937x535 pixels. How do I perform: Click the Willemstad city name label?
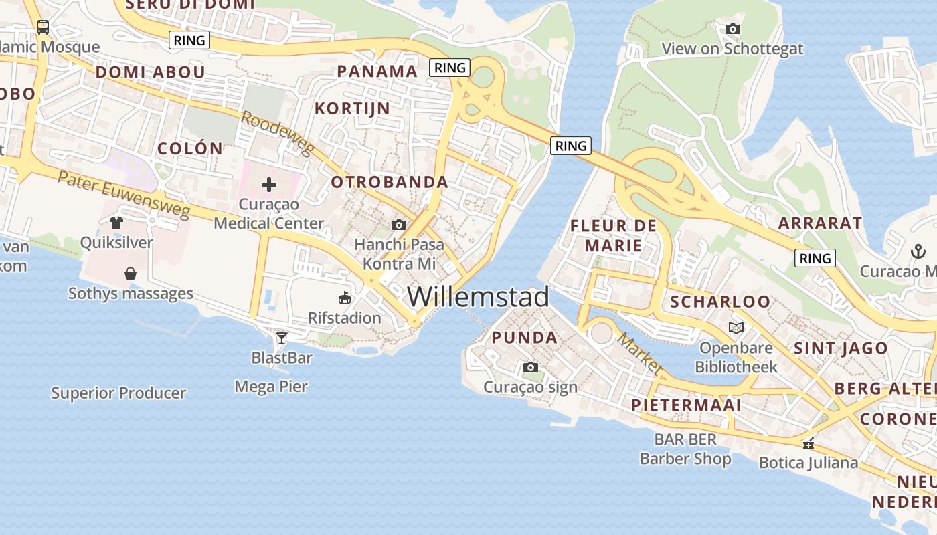(x=478, y=297)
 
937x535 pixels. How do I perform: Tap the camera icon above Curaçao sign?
(x=531, y=367)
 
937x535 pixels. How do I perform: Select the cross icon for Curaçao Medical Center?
(x=269, y=184)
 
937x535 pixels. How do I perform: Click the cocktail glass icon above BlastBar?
(x=282, y=338)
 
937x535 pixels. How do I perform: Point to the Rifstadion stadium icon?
(x=345, y=298)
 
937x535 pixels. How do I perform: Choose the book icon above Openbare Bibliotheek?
(x=736, y=328)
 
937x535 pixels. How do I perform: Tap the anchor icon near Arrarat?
(x=917, y=251)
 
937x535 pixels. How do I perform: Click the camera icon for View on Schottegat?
(x=733, y=29)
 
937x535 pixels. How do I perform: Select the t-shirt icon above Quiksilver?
(x=116, y=222)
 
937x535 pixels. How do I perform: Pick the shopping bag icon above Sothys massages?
(x=131, y=273)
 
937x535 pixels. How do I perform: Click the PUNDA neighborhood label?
(x=525, y=338)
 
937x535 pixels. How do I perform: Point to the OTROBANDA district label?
(x=390, y=182)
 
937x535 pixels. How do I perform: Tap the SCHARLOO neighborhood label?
(x=720, y=302)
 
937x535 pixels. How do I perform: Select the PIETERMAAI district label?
(x=686, y=405)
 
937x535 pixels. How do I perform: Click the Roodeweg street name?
(x=277, y=133)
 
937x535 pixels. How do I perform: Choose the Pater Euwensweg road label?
(x=124, y=195)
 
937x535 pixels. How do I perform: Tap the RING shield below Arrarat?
(x=815, y=258)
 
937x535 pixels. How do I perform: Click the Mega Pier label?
(x=271, y=386)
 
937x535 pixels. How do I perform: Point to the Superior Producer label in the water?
(x=118, y=393)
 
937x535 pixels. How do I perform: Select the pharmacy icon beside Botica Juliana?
(x=809, y=443)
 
